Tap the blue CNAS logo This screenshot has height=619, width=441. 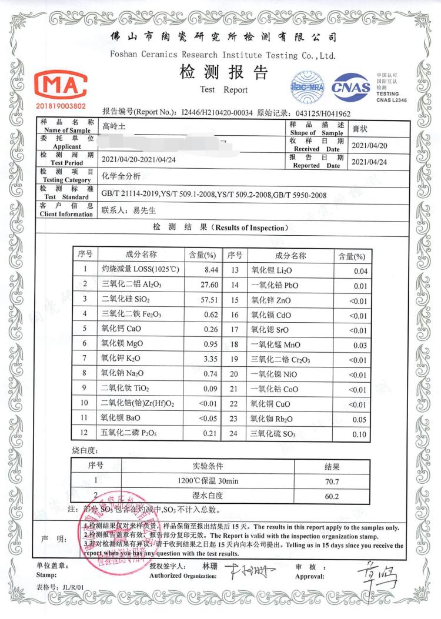(351, 87)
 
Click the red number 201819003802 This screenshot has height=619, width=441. (61, 106)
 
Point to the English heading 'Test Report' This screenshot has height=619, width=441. (223, 90)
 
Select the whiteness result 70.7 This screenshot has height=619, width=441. (332, 481)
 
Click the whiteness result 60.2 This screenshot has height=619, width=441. (332, 496)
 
